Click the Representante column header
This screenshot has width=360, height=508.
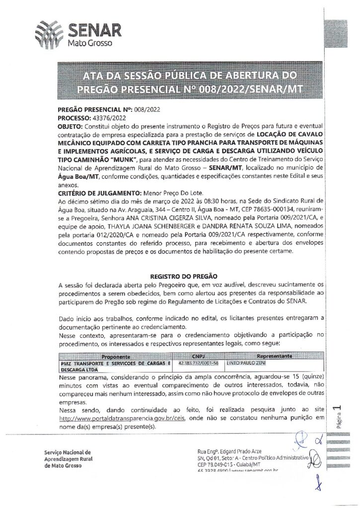(270, 356)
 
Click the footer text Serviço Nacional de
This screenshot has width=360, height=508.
(67, 452)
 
